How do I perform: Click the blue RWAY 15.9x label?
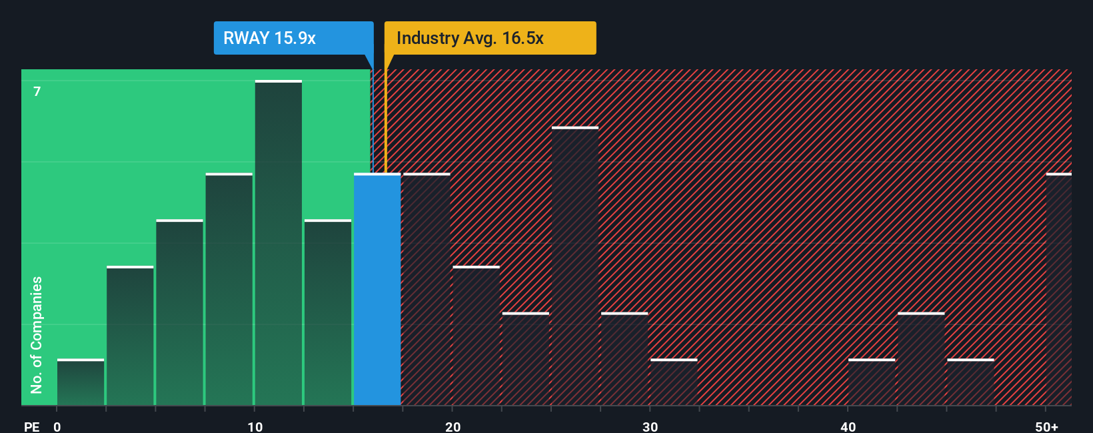(x=293, y=38)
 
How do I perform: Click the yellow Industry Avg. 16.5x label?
(x=489, y=38)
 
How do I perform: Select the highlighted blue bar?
(x=377, y=290)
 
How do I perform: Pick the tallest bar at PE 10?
(x=279, y=243)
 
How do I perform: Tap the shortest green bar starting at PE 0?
(x=81, y=382)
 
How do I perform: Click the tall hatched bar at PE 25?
(x=575, y=266)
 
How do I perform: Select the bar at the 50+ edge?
(x=1058, y=290)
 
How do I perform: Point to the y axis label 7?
(x=37, y=91)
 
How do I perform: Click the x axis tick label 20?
(x=453, y=426)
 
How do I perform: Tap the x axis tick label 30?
(x=650, y=426)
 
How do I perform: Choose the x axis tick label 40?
(x=848, y=426)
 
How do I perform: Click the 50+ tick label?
(x=1046, y=426)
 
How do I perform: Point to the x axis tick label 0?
(x=57, y=426)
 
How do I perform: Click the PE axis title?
(x=31, y=426)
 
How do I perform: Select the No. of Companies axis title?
(x=37, y=334)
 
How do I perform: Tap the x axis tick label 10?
(x=255, y=426)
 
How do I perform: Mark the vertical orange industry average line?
(x=385, y=120)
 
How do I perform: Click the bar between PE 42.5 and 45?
(x=921, y=359)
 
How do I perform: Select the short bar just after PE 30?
(x=674, y=382)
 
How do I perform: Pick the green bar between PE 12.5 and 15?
(x=328, y=313)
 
